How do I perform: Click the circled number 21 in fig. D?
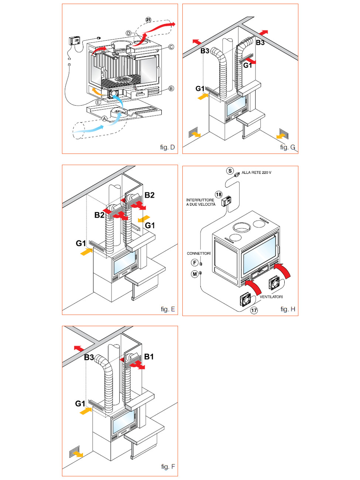click(x=148, y=20)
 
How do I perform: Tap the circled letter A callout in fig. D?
click(x=104, y=119)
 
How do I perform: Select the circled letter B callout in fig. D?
click(x=171, y=89)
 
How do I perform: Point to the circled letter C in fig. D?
click(x=171, y=47)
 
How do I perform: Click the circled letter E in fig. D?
click(x=98, y=102)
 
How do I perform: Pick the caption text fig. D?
click(x=167, y=147)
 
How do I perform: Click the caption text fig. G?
click(x=288, y=147)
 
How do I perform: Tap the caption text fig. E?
click(x=168, y=309)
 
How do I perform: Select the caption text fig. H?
click(x=288, y=309)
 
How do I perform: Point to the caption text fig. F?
click(x=168, y=467)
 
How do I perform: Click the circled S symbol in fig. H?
click(x=230, y=171)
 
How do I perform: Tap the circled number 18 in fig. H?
click(x=219, y=194)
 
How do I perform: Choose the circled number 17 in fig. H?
click(x=254, y=310)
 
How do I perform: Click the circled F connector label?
click(x=195, y=263)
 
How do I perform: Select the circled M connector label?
click(x=195, y=274)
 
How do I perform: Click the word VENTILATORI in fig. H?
click(x=271, y=297)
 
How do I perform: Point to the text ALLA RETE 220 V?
click(x=256, y=172)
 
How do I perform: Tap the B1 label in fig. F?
click(x=149, y=357)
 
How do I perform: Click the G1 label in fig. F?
click(x=80, y=404)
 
